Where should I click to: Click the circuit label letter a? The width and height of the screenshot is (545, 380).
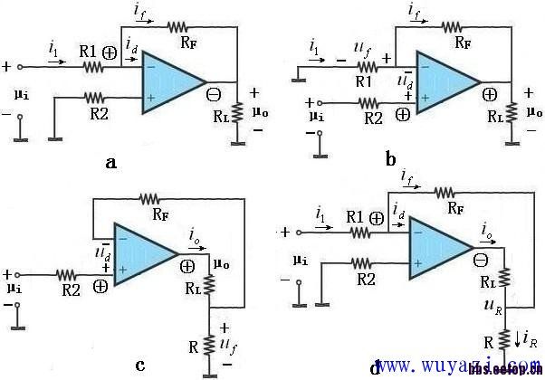(x=136, y=163)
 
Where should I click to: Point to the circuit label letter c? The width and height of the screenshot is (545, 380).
(x=140, y=365)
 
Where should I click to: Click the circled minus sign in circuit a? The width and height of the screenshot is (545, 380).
(x=215, y=93)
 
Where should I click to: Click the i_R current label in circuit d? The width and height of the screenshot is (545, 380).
(x=528, y=342)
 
